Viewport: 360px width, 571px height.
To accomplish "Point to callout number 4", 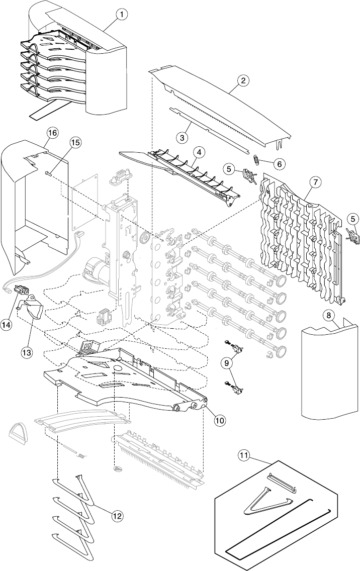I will click(200, 152).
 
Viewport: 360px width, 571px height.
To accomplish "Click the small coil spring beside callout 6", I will click(255, 160).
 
